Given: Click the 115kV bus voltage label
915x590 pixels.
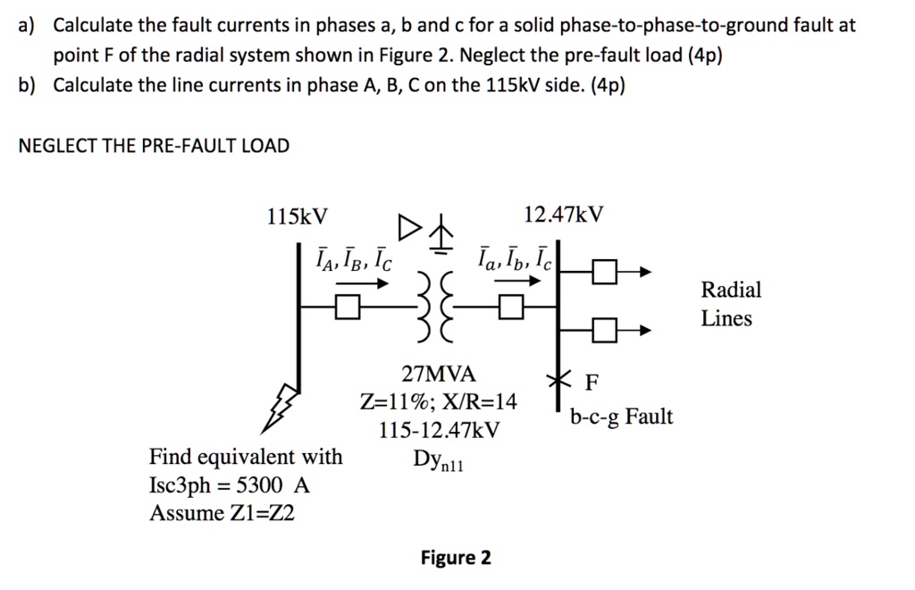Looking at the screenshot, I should tap(298, 216).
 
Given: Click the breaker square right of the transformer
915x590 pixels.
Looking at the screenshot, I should tap(509, 308).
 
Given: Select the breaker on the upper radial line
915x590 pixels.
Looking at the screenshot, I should tap(605, 271).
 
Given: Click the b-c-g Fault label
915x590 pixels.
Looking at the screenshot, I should tap(622, 417).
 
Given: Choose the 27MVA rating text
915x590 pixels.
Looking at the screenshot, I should tap(439, 373).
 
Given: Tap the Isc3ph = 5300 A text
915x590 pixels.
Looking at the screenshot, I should tap(230, 485).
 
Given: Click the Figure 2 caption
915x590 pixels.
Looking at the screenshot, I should tap(456, 559).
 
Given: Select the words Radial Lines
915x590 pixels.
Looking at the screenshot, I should tap(730, 304).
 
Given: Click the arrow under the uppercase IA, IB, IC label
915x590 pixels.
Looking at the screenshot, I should tap(362, 283).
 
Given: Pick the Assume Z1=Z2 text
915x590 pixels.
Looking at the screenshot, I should tap(214, 513).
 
